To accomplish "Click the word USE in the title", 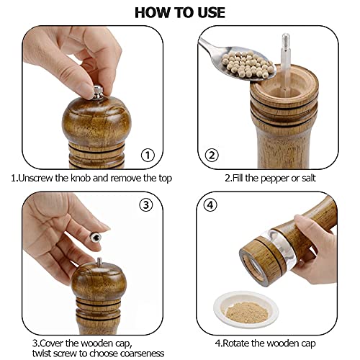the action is coord(211,13).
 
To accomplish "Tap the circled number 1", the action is coord(148,156).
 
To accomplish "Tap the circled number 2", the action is coord(212,156).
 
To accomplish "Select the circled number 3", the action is coord(146,205).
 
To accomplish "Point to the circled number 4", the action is coord(210,205).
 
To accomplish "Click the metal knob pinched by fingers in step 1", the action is coord(98,92).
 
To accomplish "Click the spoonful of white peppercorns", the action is coord(247,64).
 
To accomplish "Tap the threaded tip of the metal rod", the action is coord(286,40).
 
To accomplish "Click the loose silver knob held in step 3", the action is coord(96,238).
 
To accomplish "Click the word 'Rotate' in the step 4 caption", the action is coord(236,343).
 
